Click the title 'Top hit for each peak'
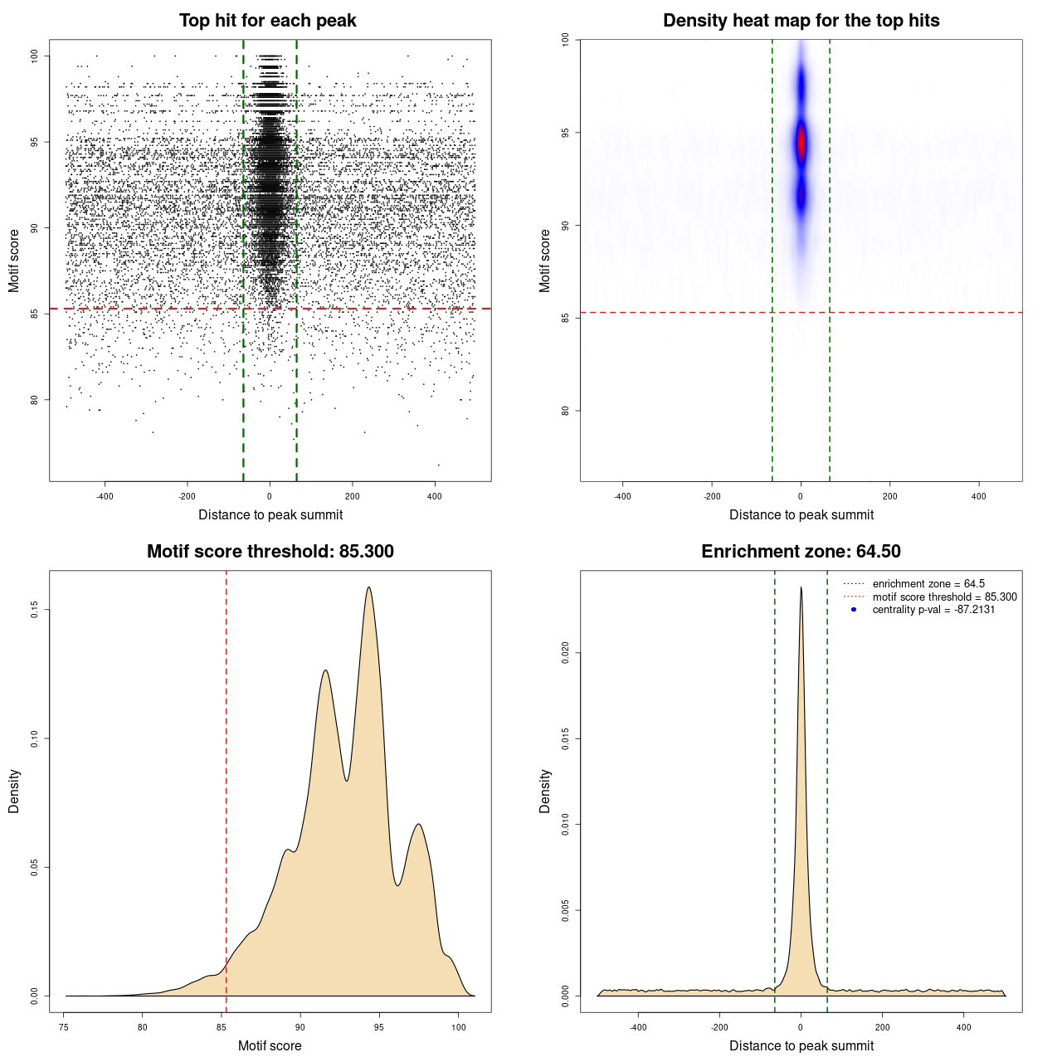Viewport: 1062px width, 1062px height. [x=267, y=21]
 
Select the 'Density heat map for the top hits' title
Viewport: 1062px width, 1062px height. [x=801, y=21]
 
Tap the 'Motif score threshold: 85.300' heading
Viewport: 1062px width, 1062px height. [x=270, y=552]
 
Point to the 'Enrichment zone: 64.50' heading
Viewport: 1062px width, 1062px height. [x=801, y=552]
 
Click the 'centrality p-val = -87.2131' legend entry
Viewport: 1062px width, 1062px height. [x=933, y=610]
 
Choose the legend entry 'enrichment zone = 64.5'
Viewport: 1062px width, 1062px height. [x=928, y=584]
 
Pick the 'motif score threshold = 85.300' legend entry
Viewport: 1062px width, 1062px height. [x=944, y=597]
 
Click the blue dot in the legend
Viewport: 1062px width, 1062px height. [x=854, y=610]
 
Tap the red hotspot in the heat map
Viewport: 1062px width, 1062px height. [x=801, y=144]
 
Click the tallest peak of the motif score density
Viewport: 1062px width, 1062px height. [x=368, y=588]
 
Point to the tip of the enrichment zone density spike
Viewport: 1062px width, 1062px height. [x=801, y=588]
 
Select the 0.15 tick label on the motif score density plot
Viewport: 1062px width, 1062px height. [x=35, y=610]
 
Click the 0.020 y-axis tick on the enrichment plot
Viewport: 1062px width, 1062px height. [x=566, y=653]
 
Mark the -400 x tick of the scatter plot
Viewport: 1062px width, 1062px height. [x=105, y=496]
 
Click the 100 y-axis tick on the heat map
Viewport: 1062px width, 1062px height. [x=566, y=40]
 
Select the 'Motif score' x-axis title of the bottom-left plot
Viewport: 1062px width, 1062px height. [x=270, y=1045]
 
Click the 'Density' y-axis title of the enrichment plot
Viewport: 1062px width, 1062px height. [x=545, y=791]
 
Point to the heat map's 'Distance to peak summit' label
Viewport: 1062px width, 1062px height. [x=801, y=514]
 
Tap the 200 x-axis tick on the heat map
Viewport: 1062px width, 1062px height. [x=890, y=496]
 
